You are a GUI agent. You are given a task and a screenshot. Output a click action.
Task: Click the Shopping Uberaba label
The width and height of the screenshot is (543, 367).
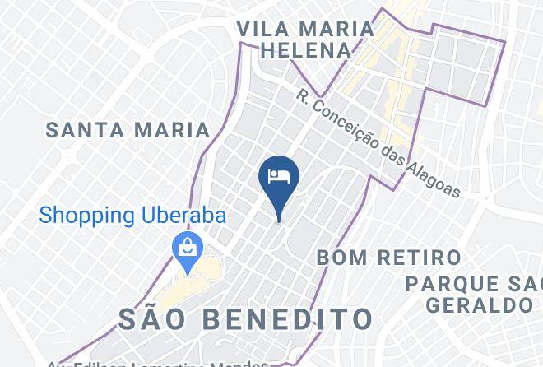click(134, 216)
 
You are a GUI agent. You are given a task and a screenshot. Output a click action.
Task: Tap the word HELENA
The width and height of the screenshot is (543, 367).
click(306, 51)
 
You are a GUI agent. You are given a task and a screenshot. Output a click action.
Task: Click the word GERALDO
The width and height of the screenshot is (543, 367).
click(480, 304)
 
